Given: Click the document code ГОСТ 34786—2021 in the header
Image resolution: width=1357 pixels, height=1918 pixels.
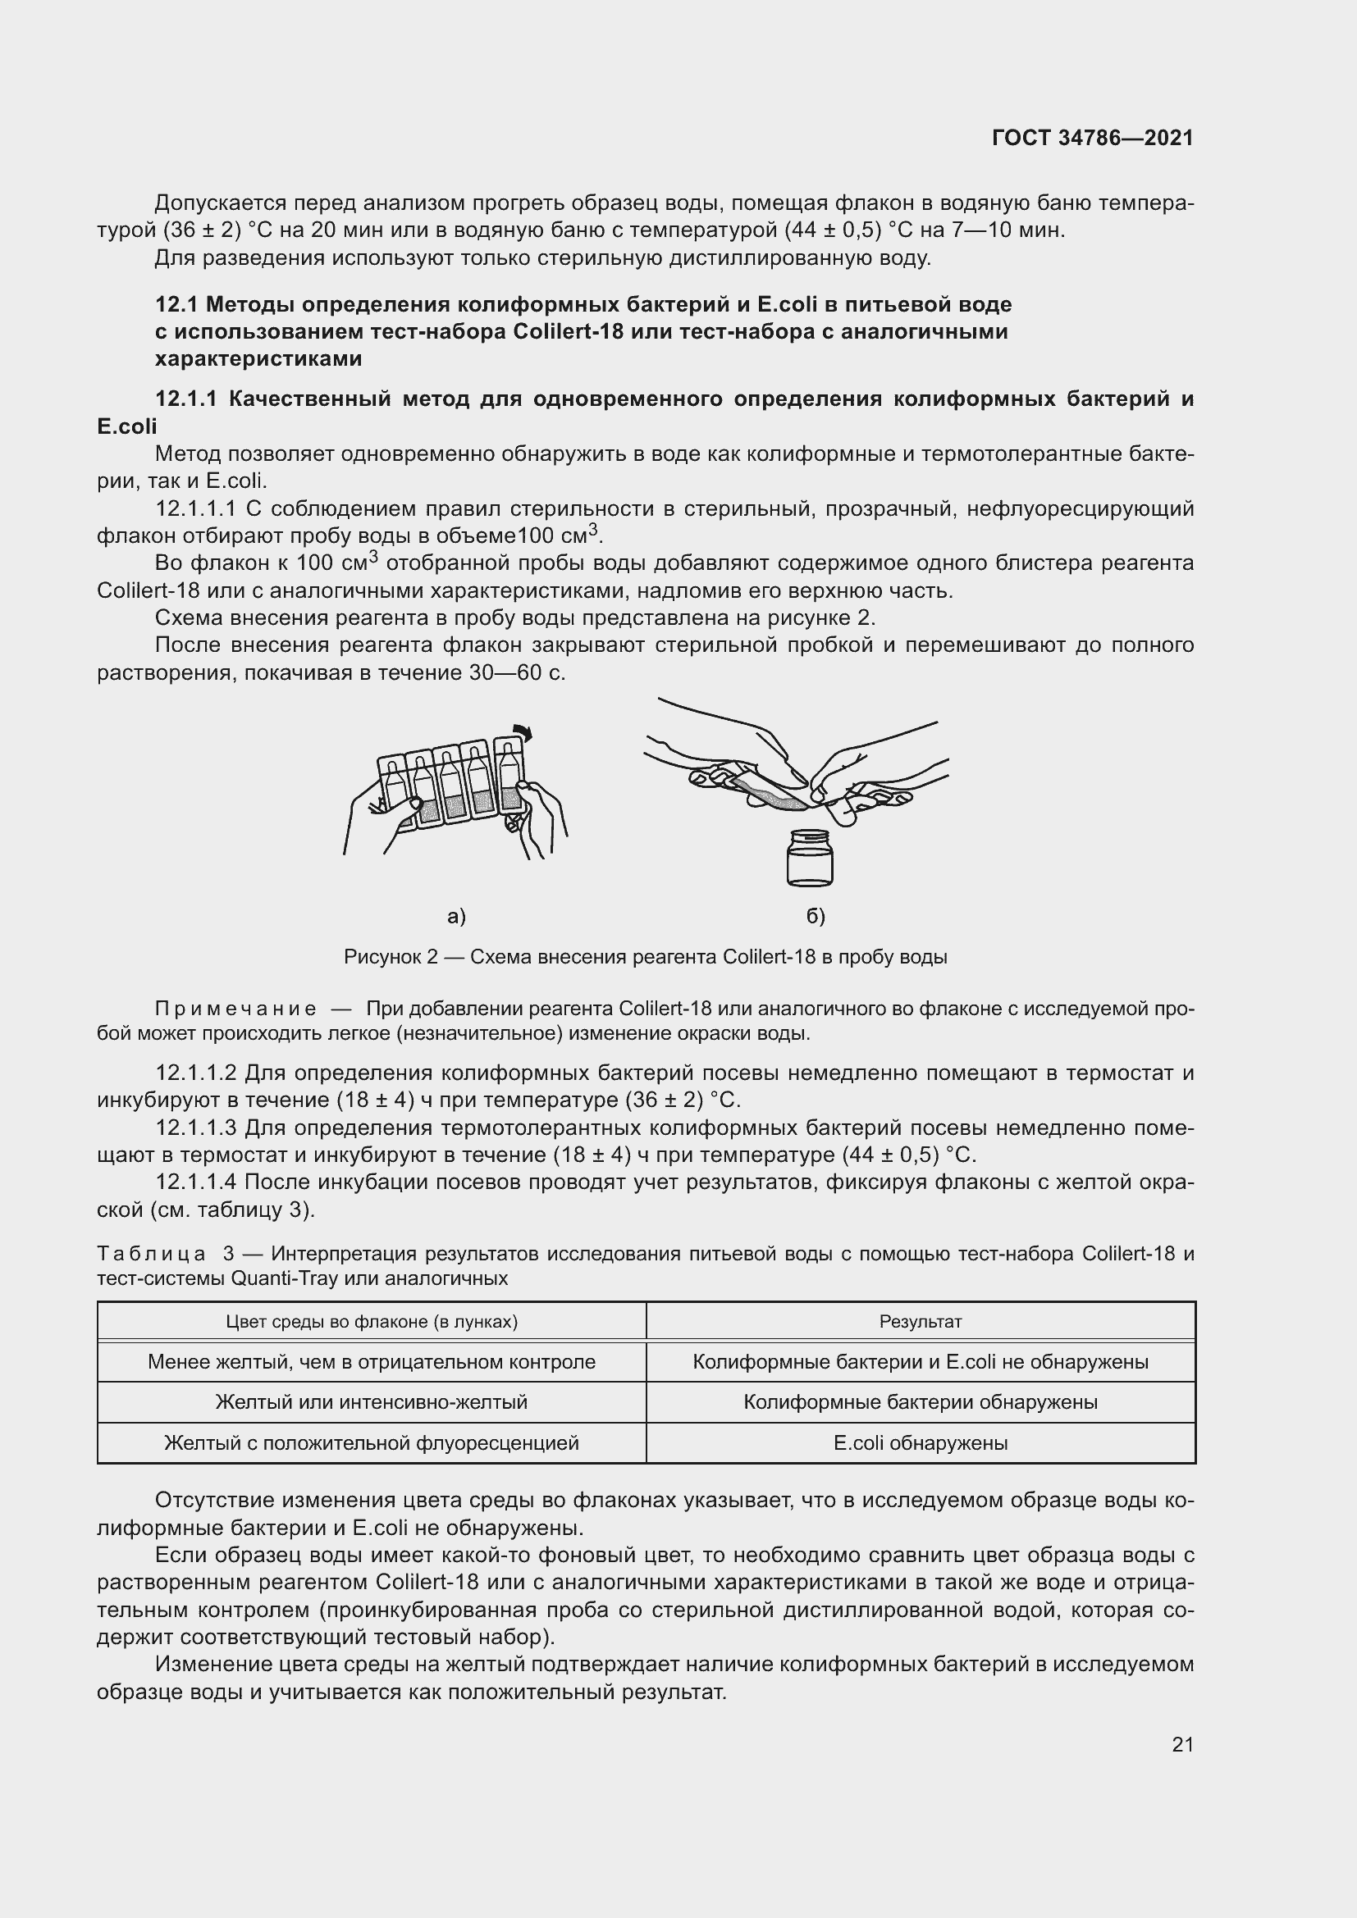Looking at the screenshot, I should [1092, 138].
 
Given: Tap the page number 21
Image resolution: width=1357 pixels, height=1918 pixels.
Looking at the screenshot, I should [1182, 1744].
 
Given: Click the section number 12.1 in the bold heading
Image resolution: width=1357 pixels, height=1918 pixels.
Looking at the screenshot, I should [176, 304].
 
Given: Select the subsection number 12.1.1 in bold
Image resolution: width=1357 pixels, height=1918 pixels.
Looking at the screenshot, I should [185, 399].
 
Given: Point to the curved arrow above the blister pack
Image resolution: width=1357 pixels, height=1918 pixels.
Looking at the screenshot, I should [523, 731].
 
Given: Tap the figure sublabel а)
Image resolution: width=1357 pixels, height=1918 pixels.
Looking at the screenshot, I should [456, 917].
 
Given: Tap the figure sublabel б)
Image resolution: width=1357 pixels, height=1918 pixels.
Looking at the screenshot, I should [816, 917].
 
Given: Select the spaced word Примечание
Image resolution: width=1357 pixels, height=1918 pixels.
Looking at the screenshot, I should [235, 1009].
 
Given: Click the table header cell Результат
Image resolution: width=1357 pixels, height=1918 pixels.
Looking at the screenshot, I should [920, 1322].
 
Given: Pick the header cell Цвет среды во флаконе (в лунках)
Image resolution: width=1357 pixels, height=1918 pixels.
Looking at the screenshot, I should [372, 1322].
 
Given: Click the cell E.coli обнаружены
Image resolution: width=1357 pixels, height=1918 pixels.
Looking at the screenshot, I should [920, 1442].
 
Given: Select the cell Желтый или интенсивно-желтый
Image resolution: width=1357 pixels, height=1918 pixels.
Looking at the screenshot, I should [372, 1401].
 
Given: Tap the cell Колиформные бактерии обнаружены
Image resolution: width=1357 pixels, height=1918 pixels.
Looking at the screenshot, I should [920, 1401].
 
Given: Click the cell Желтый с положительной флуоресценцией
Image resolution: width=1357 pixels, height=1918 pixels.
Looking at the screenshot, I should [372, 1442].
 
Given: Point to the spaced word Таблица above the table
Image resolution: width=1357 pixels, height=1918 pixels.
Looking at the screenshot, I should [151, 1254].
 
